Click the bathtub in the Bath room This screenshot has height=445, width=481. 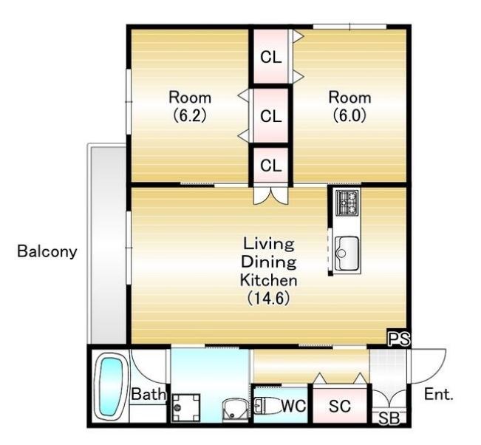pos(110,387)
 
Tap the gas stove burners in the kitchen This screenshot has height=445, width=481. pos(347,203)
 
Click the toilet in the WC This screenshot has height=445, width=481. pos(267,406)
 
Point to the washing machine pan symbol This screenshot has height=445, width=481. pos(186,408)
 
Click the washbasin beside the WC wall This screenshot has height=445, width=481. pos(235,409)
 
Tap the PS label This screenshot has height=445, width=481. pos(399,339)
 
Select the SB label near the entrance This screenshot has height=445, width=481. pos(389,418)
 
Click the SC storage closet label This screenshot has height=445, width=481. pos(340,406)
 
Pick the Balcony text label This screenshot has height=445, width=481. pos(47,251)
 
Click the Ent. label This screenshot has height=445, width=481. pos(439,394)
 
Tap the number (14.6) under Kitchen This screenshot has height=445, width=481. pos(269,298)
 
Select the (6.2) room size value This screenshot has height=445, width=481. pos(190,115)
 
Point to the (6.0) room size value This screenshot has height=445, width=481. pos(349,115)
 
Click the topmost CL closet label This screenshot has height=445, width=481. pos(271,57)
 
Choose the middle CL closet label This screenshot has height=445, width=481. pos(271,116)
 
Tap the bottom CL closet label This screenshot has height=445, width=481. pos(271,166)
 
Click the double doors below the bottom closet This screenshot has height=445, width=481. pos(271,195)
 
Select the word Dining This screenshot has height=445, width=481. pos(269,262)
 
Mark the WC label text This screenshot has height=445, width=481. pos(293,406)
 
